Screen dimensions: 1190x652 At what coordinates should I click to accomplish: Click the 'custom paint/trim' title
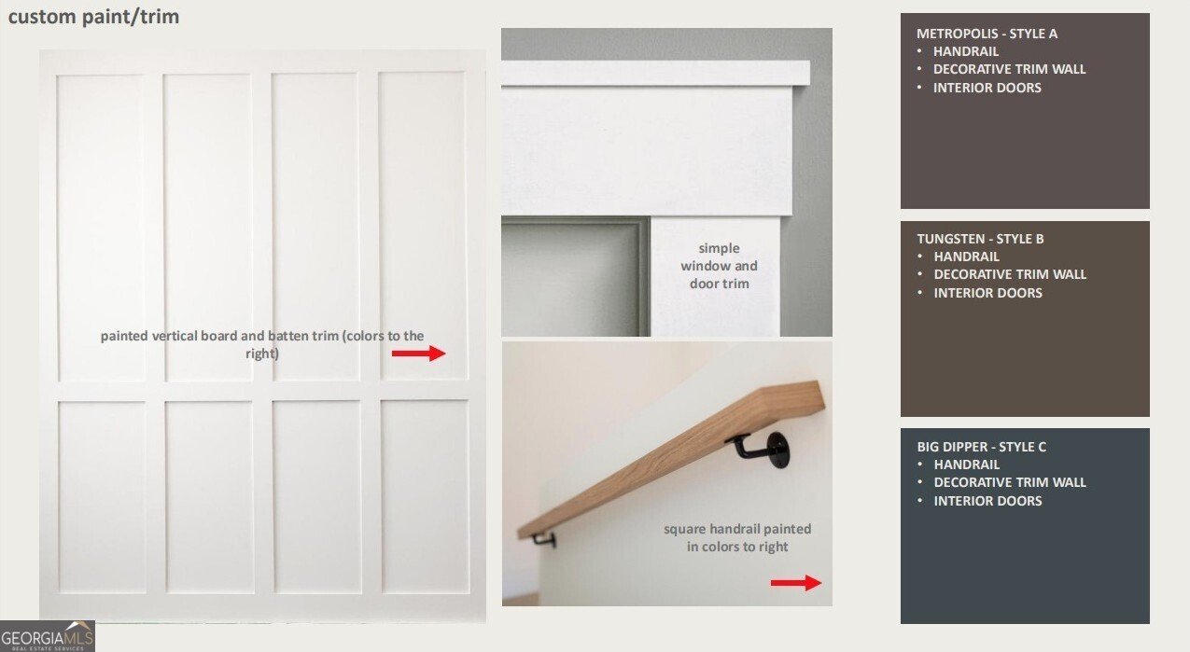pyautogui.click(x=93, y=17)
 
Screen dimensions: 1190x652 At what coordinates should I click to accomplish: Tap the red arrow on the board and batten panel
pyautogui.click(x=419, y=354)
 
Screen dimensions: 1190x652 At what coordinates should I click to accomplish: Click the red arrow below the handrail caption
pyautogui.click(x=796, y=582)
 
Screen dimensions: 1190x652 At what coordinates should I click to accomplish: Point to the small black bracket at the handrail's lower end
pyautogui.click(x=543, y=539)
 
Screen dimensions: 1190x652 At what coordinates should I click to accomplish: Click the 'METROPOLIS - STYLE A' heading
pyautogui.click(x=987, y=34)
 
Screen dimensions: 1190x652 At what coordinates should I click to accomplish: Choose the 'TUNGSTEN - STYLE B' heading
pyautogui.click(x=980, y=239)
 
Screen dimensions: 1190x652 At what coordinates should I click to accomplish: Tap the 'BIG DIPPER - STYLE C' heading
pyautogui.click(x=981, y=447)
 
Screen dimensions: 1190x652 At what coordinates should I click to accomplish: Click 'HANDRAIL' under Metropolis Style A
pyautogui.click(x=965, y=51)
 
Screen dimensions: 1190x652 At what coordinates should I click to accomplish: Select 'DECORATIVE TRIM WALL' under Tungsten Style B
pyautogui.click(x=1009, y=274)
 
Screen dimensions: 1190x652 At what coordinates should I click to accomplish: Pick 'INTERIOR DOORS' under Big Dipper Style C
pyautogui.click(x=987, y=501)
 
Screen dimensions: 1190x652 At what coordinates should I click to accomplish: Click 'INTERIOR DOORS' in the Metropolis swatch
pyautogui.click(x=987, y=88)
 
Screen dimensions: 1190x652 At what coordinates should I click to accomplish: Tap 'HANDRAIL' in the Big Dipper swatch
pyautogui.click(x=966, y=465)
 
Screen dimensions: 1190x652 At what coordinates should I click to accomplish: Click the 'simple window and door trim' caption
pyautogui.click(x=719, y=266)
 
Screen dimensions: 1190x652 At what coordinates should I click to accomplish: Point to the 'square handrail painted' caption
pyautogui.click(x=737, y=529)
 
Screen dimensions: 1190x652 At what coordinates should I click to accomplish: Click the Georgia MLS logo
pyautogui.click(x=48, y=636)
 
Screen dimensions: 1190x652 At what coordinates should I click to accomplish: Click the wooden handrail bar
pyautogui.click(x=671, y=459)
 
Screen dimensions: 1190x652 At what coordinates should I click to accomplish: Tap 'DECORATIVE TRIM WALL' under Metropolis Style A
pyautogui.click(x=1009, y=69)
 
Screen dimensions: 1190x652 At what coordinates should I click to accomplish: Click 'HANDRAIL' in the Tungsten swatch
pyautogui.click(x=966, y=257)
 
